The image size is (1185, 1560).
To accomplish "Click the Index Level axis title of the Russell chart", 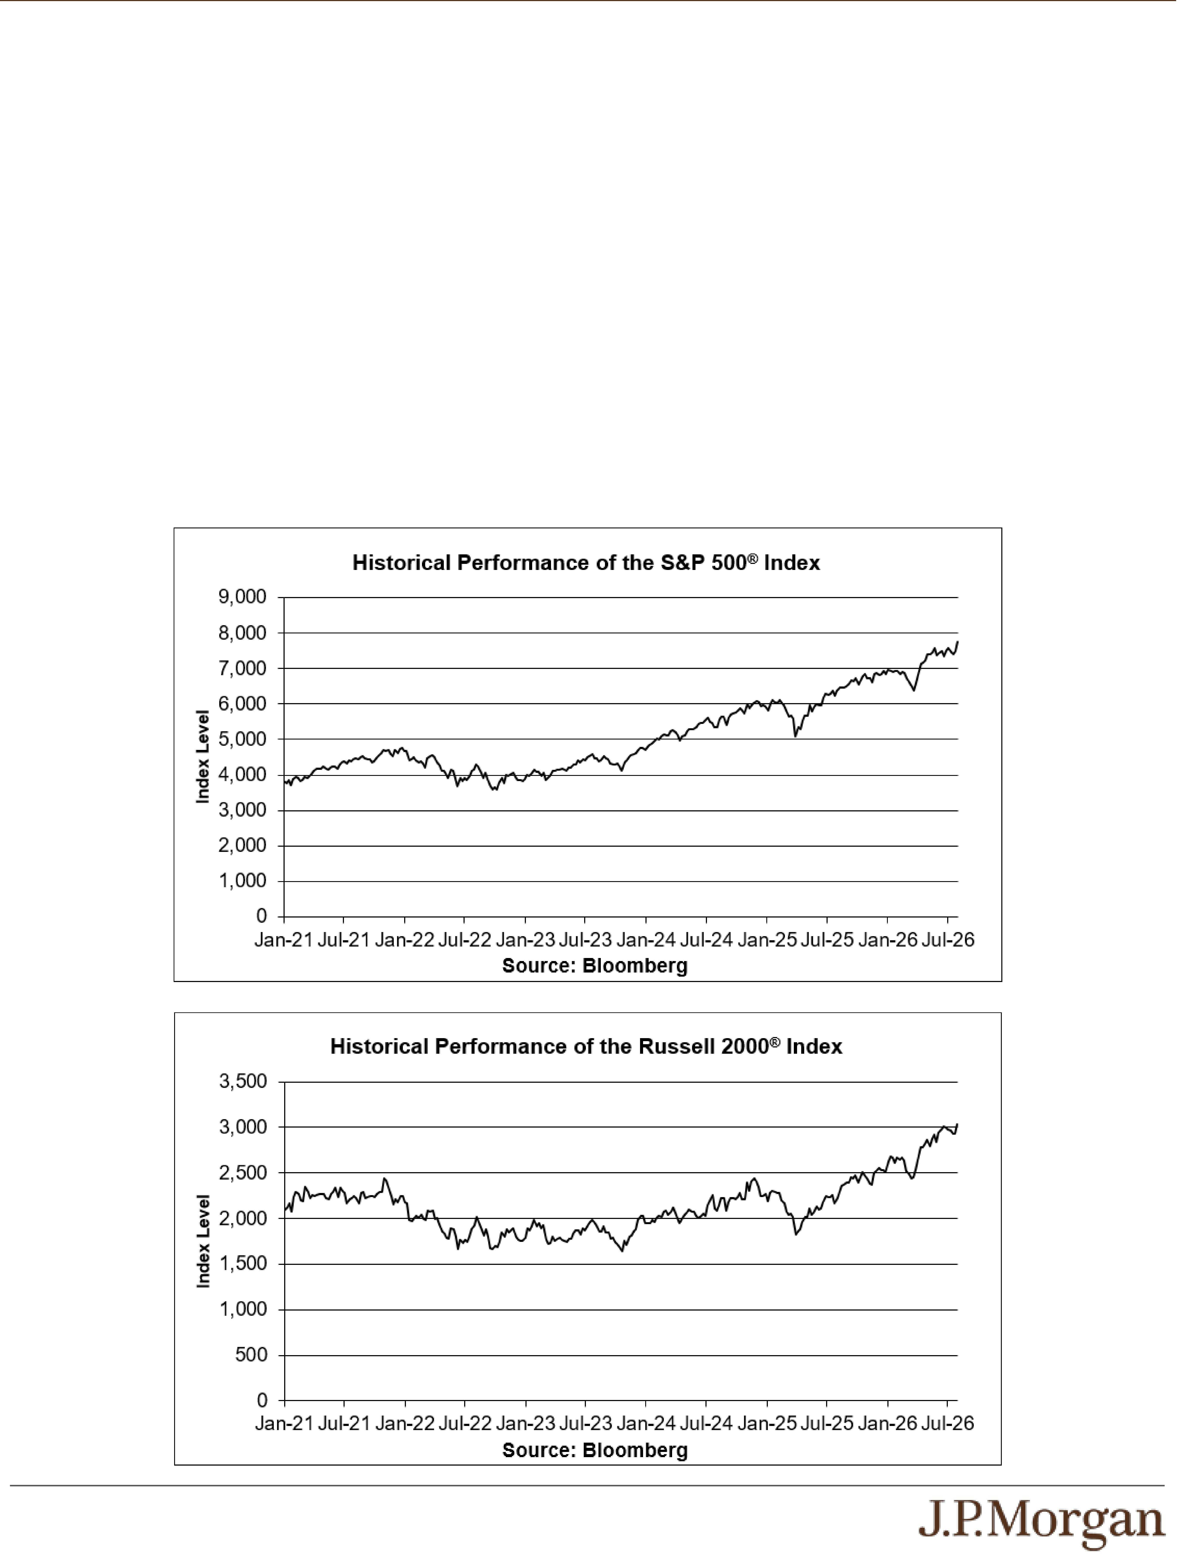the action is click(x=203, y=1241).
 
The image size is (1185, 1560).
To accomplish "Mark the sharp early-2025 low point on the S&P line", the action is click(x=795, y=736).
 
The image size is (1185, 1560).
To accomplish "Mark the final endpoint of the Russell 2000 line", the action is click(x=957, y=1124).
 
